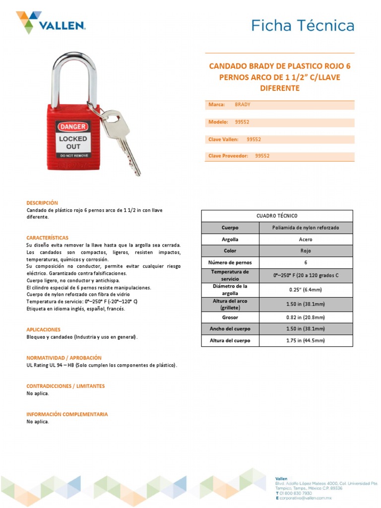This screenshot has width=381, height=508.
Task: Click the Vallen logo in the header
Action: tap(51, 23)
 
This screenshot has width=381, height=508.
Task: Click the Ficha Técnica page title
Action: tap(303, 25)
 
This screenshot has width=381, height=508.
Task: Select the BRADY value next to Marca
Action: tap(243, 105)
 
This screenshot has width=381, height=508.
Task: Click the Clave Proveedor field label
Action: tap(228, 156)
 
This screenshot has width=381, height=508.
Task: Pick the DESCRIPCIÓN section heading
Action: tap(42, 203)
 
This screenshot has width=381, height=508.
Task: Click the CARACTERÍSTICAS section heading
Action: tap(47, 238)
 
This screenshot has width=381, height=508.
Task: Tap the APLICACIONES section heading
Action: tap(43, 329)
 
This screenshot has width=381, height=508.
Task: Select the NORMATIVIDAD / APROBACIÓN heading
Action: tap(63, 358)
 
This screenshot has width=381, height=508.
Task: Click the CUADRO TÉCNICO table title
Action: tap(277, 216)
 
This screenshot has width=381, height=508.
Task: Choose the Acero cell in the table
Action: tap(306, 240)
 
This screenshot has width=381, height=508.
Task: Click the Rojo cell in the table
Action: tap(306, 251)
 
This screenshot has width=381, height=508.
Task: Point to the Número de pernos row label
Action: tap(230, 262)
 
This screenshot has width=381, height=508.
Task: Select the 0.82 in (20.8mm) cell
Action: tap(306, 317)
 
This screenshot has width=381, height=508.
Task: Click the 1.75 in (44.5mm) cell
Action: tap(306, 341)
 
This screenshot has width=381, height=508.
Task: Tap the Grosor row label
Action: tap(230, 317)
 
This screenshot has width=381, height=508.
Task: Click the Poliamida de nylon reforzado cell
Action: tap(306, 228)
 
